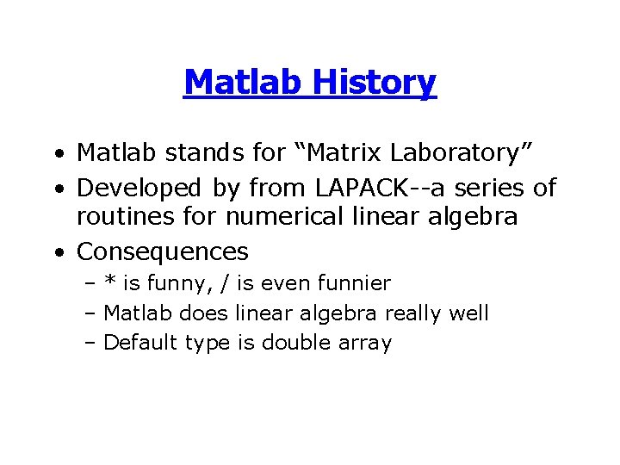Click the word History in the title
tap(375, 83)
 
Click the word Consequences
tap(163, 251)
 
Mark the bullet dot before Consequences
tap(56, 253)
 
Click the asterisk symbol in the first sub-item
tap(111, 281)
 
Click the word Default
tap(139, 343)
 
